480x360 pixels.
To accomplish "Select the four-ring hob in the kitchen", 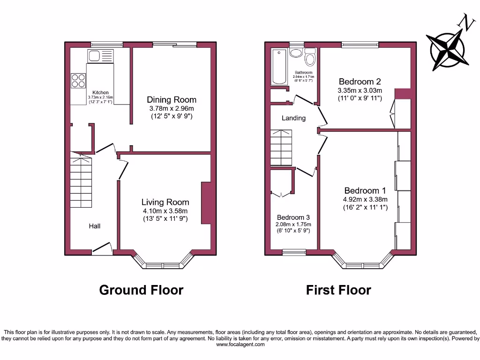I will coord(78,81).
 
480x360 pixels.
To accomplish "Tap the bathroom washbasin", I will coord(296,52).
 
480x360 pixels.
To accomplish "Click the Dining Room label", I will coord(172,99).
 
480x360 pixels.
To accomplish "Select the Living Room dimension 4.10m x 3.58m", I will coord(165,210).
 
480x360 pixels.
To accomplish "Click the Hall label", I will coord(95,226).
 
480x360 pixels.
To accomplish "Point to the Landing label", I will coord(293,118).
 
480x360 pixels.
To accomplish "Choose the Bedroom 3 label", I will coord(293,217).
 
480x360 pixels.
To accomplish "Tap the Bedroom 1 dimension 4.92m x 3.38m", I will coord(365,199).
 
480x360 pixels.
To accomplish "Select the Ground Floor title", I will coord(141,290).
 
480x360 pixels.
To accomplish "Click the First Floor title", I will coord(338,290).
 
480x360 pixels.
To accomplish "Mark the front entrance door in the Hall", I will coord(102,249).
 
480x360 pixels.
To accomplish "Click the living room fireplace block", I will coord(205,202).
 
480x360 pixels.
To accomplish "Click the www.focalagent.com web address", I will coord(240,345).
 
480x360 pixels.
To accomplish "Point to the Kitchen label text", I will coord(100,92).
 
